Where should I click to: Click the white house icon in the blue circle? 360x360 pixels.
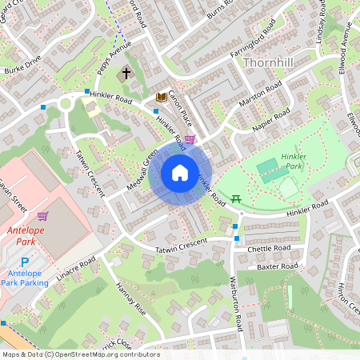click(180, 173)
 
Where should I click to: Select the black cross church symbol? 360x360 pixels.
click(125, 74)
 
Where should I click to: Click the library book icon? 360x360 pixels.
click(161, 97)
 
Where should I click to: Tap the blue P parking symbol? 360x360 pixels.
click(24, 262)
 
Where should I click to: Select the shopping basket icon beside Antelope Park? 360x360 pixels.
click(42, 215)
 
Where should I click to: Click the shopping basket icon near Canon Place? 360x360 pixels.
click(190, 139)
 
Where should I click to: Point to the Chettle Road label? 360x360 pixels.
click(272, 249)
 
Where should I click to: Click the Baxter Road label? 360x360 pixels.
click(278, 266)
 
